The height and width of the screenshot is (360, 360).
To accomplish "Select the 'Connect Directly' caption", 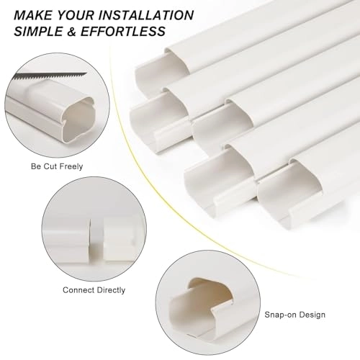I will click(x=94, y=289).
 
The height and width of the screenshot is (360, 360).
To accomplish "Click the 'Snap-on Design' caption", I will click(x=295, y=315).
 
